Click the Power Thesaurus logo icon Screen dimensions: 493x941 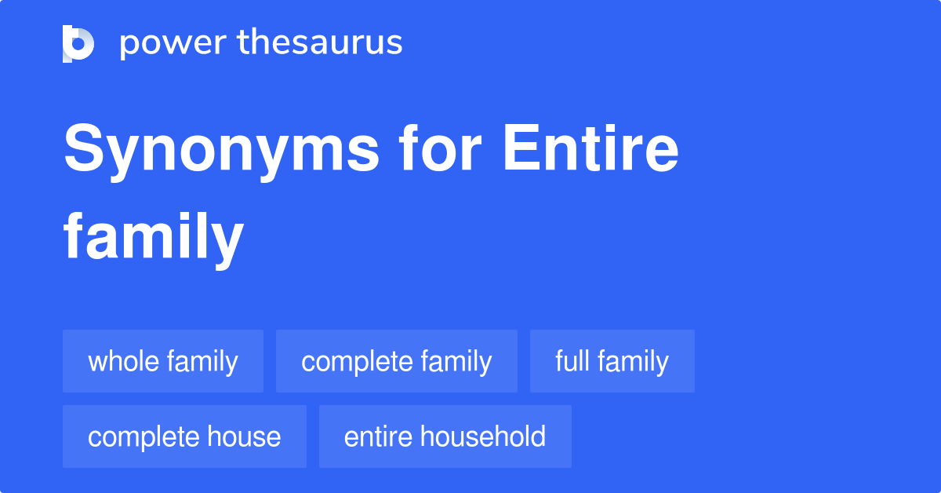[78, 43]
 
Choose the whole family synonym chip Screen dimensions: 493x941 [163, 361]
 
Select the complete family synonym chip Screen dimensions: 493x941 [397, 361]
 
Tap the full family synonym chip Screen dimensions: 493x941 [612, 361]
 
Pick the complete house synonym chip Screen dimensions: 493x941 [184, 436]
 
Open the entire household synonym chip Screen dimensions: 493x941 [445, 436]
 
